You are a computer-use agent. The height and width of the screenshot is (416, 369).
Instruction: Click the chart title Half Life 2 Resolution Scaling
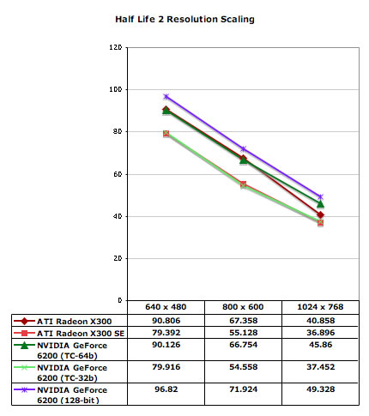click(x=184, y=19)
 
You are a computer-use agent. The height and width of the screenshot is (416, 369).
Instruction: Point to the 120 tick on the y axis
click(x=116, y=47)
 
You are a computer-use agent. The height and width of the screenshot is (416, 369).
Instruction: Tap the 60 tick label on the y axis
click(x=118, y=174)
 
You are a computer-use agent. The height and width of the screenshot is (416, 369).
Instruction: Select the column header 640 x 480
click(x=166, y=307)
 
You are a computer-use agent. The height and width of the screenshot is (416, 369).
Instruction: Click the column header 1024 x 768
click(x=320, y=307)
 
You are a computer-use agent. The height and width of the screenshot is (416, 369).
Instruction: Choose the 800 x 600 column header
click(x=243, y=307)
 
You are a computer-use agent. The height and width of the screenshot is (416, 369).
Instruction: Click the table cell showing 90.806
click(x=166, y=321)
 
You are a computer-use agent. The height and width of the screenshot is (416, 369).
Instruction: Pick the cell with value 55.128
click(x=244, y=333)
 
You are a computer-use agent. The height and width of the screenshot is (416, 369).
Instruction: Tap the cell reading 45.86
click(x=321, y=345)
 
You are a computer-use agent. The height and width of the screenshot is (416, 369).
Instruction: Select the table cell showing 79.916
click(x=166, y=367)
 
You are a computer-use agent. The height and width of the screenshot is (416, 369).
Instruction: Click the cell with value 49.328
click(x=321, y=389)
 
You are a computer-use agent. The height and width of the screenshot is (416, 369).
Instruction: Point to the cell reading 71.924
click(x=244, y=389)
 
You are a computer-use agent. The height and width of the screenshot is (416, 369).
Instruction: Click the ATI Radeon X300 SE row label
click(x=81, y=334)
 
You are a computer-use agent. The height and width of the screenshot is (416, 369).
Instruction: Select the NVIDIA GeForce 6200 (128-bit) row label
click(x=72, y=395)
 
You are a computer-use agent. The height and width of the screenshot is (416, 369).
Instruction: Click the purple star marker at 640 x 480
click(x=166, y=97)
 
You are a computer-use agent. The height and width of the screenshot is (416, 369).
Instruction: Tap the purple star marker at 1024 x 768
click(x=320, y=196)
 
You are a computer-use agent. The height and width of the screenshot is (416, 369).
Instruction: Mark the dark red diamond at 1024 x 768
click(x=320, y=214)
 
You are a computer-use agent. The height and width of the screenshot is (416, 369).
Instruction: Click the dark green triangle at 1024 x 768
click(x=320, y=204)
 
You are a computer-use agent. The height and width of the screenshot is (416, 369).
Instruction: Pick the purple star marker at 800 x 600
click(x=243, y=149)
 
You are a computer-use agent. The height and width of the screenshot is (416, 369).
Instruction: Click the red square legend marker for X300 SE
click(x=24, y=333)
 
